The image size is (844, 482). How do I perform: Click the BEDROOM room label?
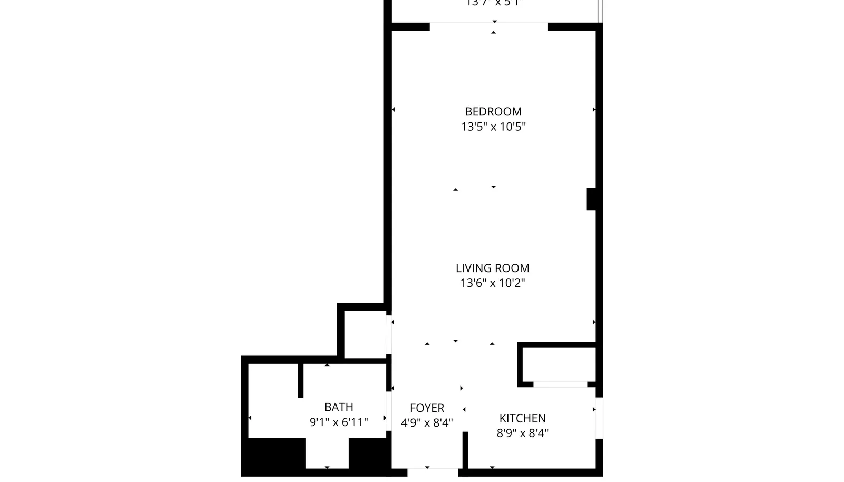coord(493,112)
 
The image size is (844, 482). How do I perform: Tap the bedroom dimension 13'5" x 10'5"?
coord(493,127)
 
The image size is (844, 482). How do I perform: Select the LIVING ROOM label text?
coord(492,268)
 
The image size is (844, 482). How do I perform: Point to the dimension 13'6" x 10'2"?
coord(492,283)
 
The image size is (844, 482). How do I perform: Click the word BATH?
coord(339,407)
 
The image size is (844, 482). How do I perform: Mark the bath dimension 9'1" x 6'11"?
coord(339,422)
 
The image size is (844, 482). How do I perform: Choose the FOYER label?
coord(427,408)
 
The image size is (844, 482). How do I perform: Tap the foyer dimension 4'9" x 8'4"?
coord(427,423)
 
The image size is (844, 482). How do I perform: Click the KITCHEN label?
coord(522,418)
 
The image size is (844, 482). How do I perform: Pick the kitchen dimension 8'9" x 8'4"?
coord(522,433)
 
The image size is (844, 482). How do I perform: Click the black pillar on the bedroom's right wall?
coord(591,199)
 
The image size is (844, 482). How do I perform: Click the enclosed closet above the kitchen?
coord(559,364)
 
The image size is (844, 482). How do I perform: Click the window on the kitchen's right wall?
coord(599,418)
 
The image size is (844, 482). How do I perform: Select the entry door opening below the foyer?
coord(433,473)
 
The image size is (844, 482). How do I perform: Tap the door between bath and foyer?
coord(389,411)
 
